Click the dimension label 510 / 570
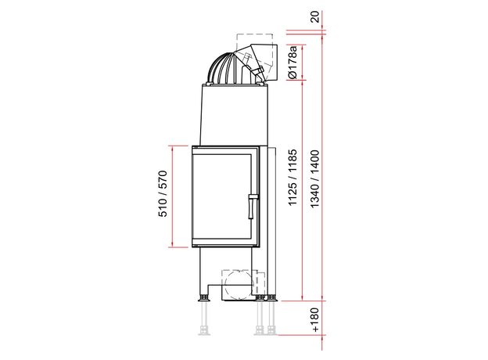[163, 194]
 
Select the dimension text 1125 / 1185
[292, 178]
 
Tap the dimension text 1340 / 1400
[315, 178]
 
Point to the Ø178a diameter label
[293, 62]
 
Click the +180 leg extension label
[315, 320]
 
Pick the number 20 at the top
[315, 16]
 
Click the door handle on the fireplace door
[253, 206]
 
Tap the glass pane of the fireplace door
[222, 196]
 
